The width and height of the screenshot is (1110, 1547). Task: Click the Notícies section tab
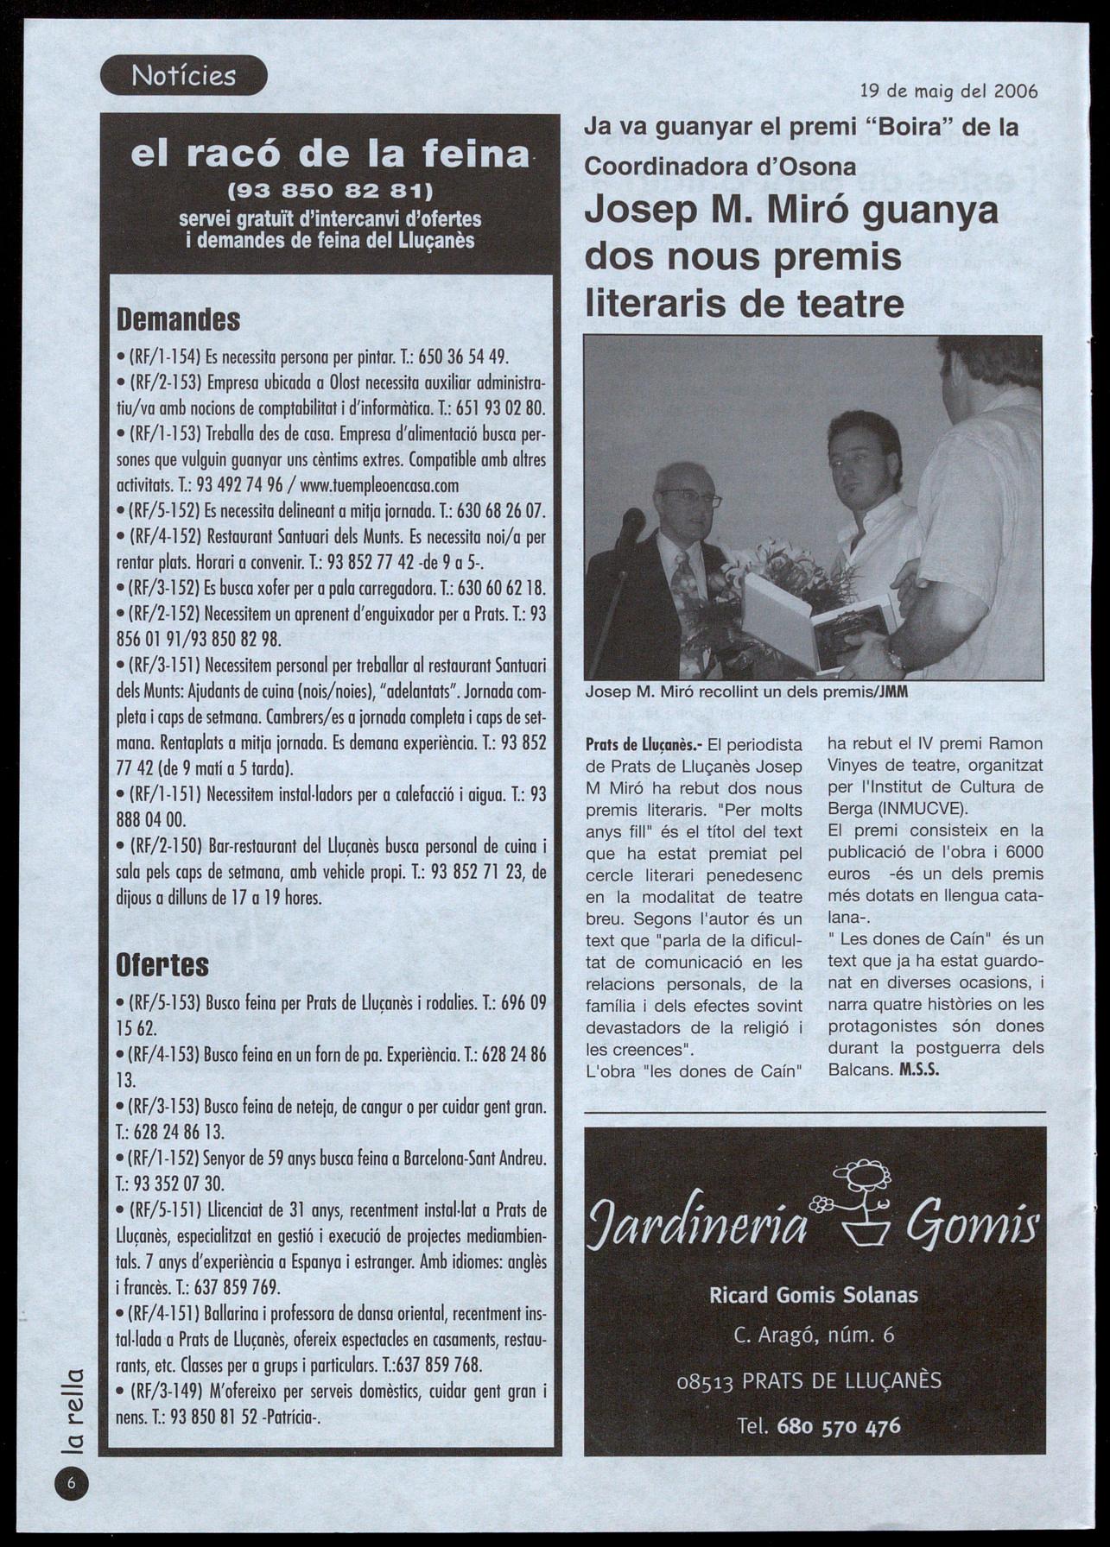(x=183, y=75)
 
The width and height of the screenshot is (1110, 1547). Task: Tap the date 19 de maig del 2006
(x=948, y=92)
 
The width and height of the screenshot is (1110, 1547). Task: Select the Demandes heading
(x=178, y=319)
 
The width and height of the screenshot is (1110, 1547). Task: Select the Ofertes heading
(x=162, y=963)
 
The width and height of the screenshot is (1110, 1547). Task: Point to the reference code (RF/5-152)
(x=165, y=510)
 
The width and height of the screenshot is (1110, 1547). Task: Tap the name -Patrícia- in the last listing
(x=291, y=1417)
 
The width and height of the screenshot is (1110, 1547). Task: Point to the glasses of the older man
(x=690, y=499)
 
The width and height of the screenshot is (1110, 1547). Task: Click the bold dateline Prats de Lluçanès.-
(x=644, y=744)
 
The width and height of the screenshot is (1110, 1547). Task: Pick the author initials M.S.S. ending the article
(x=919, y=1069)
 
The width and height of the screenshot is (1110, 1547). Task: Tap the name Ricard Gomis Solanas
(x=814, y=1295)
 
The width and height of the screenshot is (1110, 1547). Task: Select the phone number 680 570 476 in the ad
(x=839, y=1425)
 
